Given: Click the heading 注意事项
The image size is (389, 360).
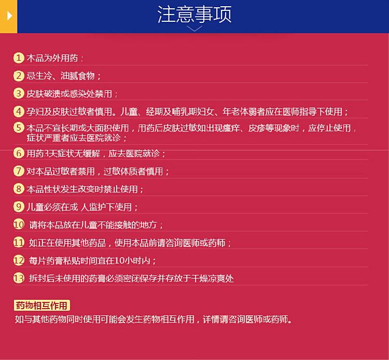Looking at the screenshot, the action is (x=195, y=15).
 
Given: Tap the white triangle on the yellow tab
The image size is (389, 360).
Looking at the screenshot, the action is (x=10, y=16).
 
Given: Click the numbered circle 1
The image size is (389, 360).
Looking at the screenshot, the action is (x=19, y=58).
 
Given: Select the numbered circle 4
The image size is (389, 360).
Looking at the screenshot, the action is (x=19, y=112).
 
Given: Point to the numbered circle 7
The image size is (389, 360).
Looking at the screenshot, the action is (x=19, y=171).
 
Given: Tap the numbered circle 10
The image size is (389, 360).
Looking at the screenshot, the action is (x=19, y=225).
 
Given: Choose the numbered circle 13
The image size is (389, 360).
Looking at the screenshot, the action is (x=19, y=278).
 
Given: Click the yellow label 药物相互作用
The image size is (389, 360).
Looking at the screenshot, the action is (x=41, y=306).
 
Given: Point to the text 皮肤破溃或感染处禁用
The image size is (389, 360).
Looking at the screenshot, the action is (x=69, y=94).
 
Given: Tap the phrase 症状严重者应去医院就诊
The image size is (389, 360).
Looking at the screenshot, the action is (x=74, y=137).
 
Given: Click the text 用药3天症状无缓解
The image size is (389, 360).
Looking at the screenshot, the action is (x=63, y=154).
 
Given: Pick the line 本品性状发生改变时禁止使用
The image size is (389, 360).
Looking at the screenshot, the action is (x=82, y=189).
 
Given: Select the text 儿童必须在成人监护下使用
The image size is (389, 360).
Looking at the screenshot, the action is (x=79, y=207).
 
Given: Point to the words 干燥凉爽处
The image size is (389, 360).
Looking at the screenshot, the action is (x=212, y=279).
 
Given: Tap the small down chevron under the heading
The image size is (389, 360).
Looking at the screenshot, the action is (x=195, y=29).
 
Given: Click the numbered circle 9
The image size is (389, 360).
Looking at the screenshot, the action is (x=19, y=206).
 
